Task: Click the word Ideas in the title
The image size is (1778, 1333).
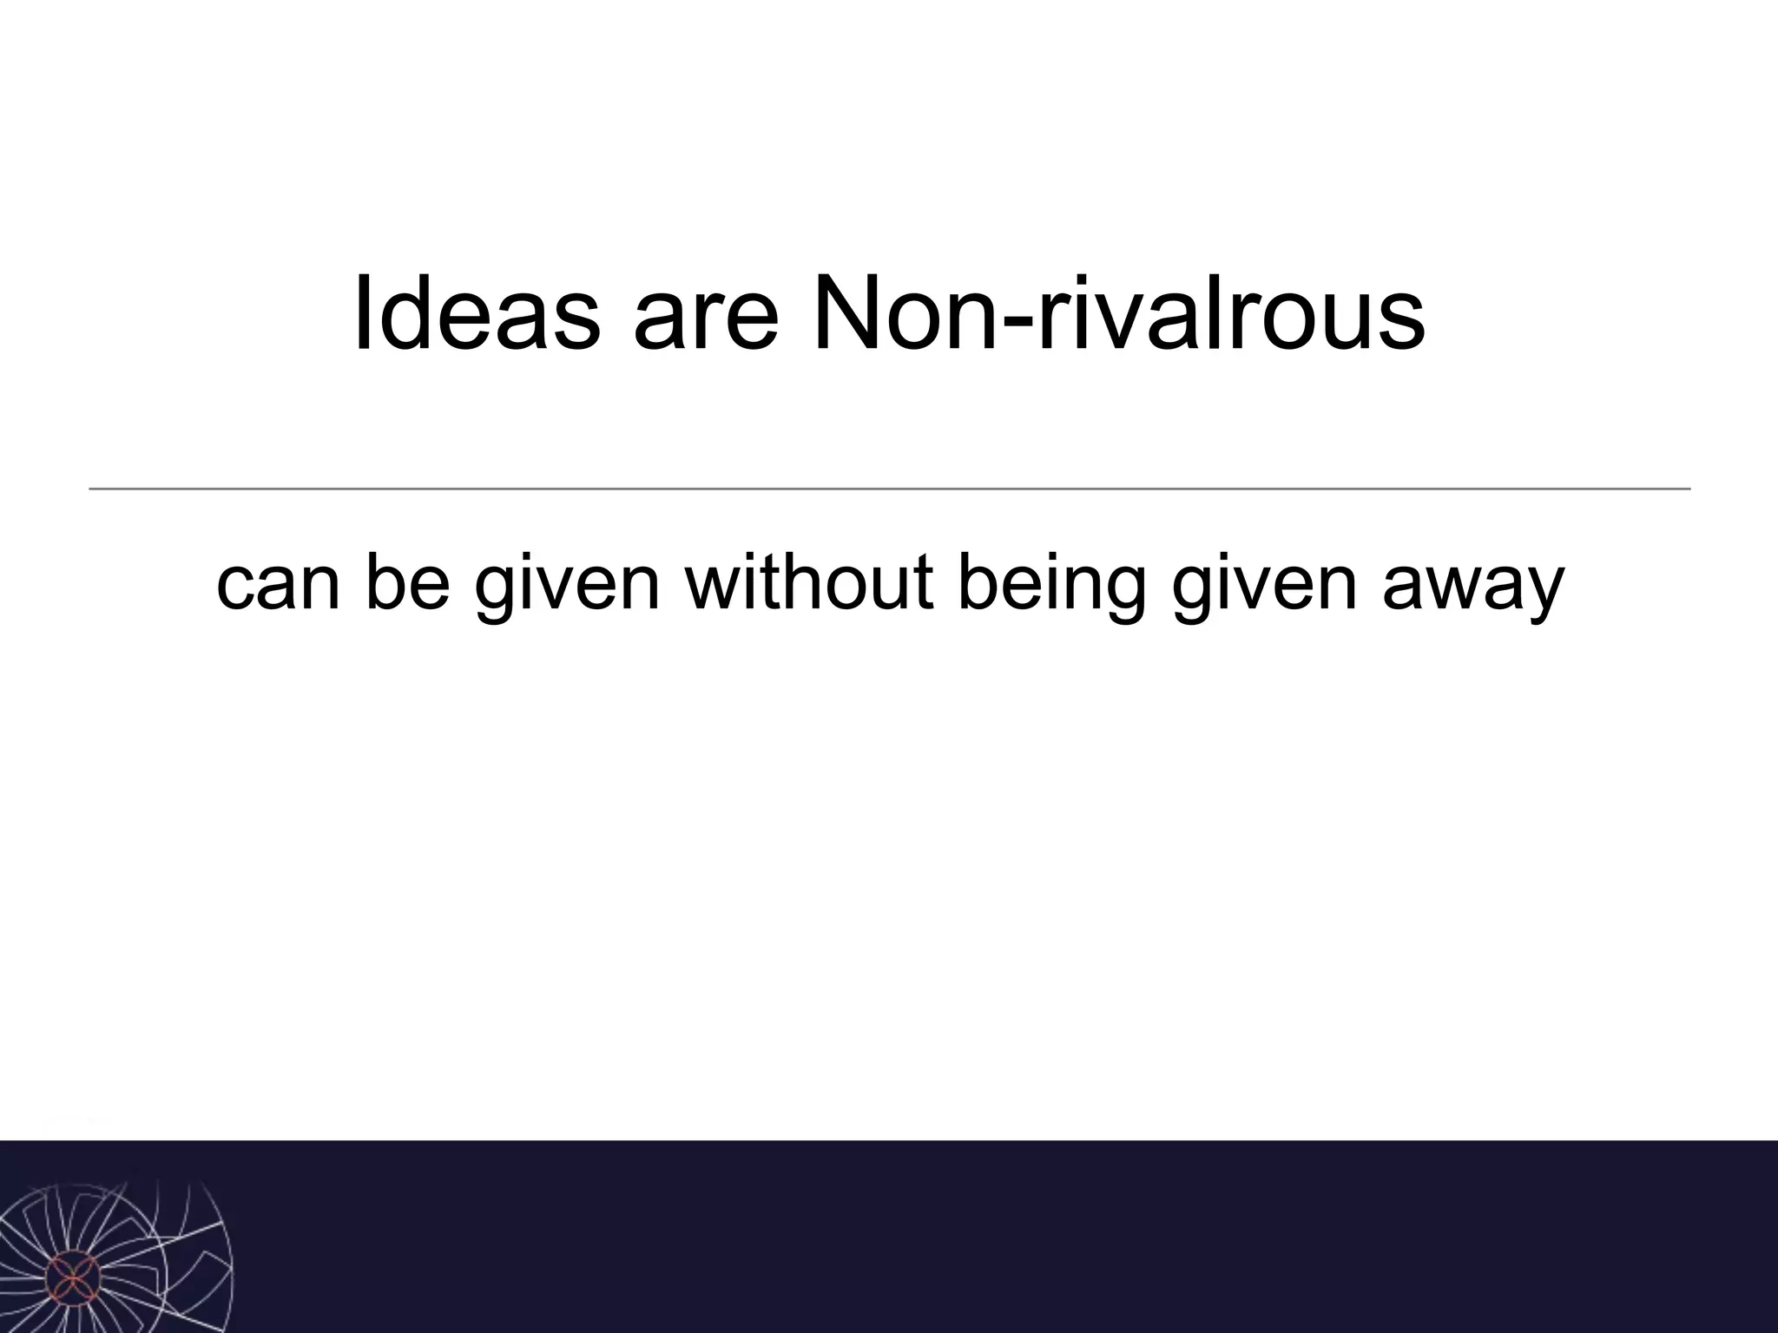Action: click(477, 313)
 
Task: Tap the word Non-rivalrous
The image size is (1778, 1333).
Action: click(1118, 313)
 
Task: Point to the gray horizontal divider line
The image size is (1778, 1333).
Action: click(889, 489)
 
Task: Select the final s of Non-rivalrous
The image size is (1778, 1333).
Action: click(1399, 323)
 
